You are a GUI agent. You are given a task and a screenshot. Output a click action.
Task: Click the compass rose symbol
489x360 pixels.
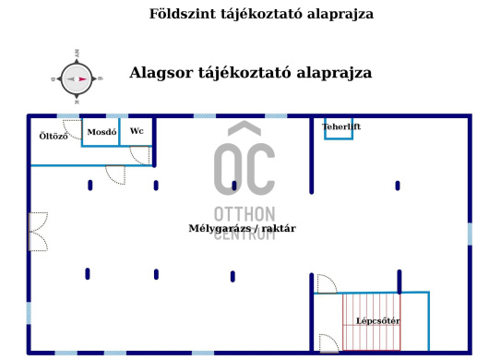(x=77, y=78)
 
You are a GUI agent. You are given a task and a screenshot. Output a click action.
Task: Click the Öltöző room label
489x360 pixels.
(x=53, y=137)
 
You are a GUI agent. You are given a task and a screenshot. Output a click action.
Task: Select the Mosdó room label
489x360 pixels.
(x=101, y=132)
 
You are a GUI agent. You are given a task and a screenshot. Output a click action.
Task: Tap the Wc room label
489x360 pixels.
(x=137, y=131)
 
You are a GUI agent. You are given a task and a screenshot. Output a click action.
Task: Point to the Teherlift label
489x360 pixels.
(x=341, y=126)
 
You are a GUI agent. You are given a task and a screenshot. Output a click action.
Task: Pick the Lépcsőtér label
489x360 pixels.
(x=377, y=321)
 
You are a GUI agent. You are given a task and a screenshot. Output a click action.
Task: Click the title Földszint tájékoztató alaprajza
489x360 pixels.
(x=249, y=15)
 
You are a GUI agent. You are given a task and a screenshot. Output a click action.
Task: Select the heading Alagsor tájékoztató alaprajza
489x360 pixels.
(x=250, y=72)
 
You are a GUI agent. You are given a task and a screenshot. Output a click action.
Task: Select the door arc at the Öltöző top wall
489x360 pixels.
(x=69, y=126)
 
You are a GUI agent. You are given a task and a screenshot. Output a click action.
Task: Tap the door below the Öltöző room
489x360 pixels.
(x=115, y=174)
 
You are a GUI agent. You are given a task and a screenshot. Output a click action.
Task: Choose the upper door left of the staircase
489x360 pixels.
(x=326, y=284)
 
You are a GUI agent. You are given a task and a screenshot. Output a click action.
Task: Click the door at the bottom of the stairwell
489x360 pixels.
(x=327, y=342)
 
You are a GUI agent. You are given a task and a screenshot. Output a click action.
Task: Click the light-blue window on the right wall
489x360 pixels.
(x=470, y=234)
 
